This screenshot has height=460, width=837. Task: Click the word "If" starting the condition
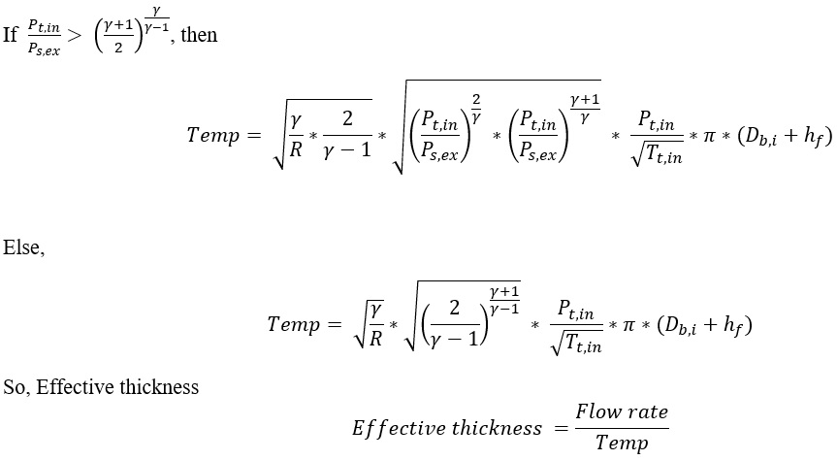click(x=11, y=36)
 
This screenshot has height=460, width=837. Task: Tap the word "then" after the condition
click(x=199, y=36)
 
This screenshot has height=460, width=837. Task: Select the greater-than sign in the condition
click(x=77, y=36)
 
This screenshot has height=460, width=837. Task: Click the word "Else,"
click(x=23, y=247)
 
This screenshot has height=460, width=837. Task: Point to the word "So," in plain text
click(x=18, y=387)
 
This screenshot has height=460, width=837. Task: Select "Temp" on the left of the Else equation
click(x=292, y=324)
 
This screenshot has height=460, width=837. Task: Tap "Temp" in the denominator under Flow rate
click(x=622, y=443)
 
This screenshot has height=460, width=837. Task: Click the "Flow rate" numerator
click(x=622, y=411)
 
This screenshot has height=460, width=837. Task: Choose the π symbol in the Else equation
click(x=636, y=324)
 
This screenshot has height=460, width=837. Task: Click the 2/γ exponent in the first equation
click(x=477, y=99)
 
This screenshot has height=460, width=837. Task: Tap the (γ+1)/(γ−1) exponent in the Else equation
click(x=505, y=291)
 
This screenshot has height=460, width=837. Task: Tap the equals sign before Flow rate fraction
click(x=558, y=427)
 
